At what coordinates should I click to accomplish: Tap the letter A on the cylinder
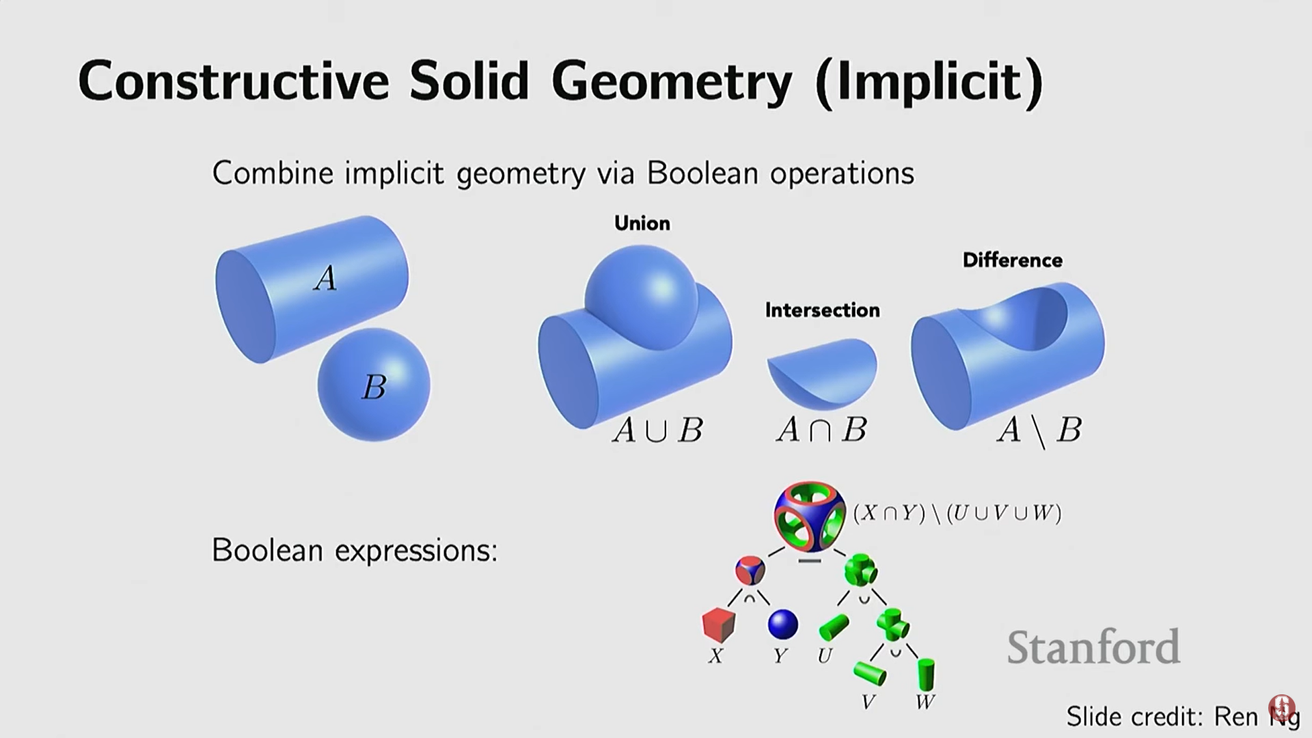(x=325, y=278)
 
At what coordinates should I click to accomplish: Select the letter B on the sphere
(x=374, y=387)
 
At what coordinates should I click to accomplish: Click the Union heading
(x=642, y=223)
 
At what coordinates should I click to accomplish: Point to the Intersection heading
(x=822, y=310)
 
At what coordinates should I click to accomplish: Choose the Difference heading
(x=1013, y=260)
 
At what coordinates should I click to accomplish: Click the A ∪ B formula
(x=657, y=430)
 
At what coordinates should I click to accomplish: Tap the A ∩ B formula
(x=821, y=430)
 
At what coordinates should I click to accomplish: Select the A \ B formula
(x=1039, y=431)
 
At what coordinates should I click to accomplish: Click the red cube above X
(x=718, y=625)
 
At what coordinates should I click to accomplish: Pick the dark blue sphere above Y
(x=783, y=625)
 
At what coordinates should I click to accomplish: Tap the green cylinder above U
(x=834, y=627)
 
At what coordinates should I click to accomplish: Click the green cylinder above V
(x=870, y=673)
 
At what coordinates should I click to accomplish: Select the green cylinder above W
(x=926, y=674)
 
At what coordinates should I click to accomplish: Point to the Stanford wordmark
(x=1094, y=646)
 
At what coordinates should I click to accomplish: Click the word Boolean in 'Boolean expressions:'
(x=267, y=550)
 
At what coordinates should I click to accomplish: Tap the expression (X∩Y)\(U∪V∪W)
(x=957, y=512)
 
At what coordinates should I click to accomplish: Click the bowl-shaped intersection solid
(x=822, y=372)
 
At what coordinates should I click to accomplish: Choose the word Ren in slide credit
(x=1235, y=716)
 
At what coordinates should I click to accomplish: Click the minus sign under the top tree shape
(x=809, y=561)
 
